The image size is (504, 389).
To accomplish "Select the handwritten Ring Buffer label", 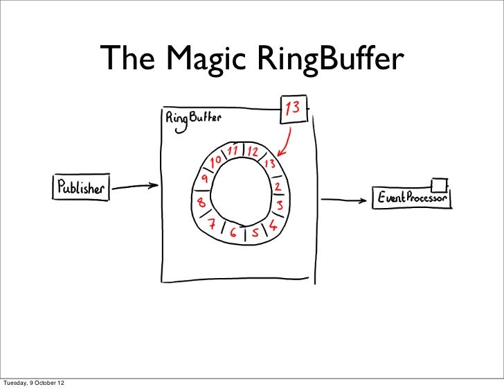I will point(192,118).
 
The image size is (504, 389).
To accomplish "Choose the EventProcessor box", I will point(413,198).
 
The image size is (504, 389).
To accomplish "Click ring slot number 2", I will point(277,187).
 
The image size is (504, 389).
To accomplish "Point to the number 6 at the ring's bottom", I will point(235,234).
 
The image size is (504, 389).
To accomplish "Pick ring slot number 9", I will point(204,180).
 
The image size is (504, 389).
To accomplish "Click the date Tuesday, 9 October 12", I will point(35,382).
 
